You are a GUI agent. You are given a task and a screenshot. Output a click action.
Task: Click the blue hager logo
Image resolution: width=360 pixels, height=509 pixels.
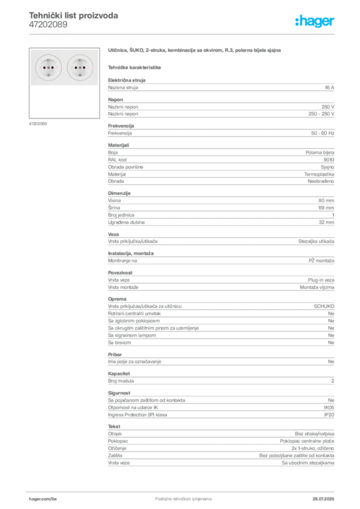coord(316,21)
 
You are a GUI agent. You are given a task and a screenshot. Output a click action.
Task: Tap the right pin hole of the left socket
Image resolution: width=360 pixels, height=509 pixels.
coord(53,67)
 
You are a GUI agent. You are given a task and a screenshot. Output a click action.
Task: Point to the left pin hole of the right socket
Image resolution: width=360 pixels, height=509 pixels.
coord(75,67)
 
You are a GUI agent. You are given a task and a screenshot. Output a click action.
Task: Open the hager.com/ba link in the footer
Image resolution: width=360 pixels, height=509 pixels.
coord(42,498)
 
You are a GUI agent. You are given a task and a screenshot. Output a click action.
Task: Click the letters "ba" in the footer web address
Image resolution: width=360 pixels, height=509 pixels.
coord(55,498)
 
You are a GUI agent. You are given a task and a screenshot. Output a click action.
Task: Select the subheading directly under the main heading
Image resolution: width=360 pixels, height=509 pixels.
coord(135,67)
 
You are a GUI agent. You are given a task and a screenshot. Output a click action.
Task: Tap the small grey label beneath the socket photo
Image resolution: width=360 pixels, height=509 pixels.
coord(38,123)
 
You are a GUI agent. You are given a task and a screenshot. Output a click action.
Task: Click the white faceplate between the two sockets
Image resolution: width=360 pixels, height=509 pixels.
coord(64,67)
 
